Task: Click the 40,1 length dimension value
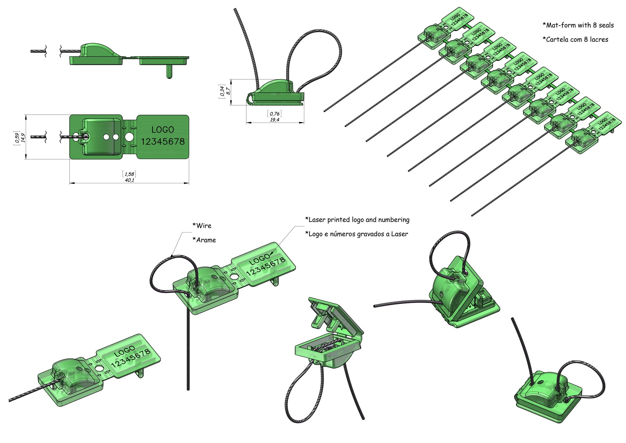(129, 180)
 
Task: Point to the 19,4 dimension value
(275, 120)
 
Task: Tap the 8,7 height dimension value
(228, 91)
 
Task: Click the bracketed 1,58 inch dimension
(129, 174)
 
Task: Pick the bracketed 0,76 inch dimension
(275, 114)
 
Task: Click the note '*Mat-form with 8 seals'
(578, 25)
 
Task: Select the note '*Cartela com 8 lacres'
(575, 39)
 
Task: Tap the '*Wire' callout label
(202, 226)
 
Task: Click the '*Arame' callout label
(204, 240)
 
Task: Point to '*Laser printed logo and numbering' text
(357, 220)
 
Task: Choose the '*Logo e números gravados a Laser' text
(357, 234)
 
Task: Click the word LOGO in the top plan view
(163, 130)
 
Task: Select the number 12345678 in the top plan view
(163, 142)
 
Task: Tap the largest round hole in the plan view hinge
(129, 137)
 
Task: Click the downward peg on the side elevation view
(169, 71)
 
